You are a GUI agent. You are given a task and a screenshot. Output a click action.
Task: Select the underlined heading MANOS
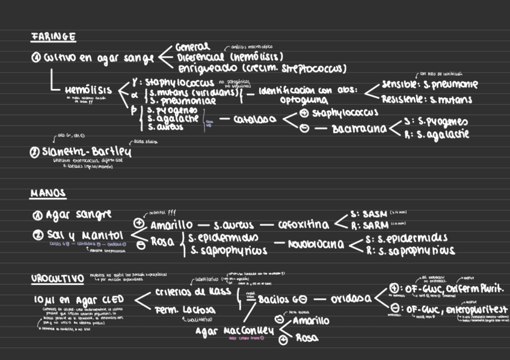click(48, 194)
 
